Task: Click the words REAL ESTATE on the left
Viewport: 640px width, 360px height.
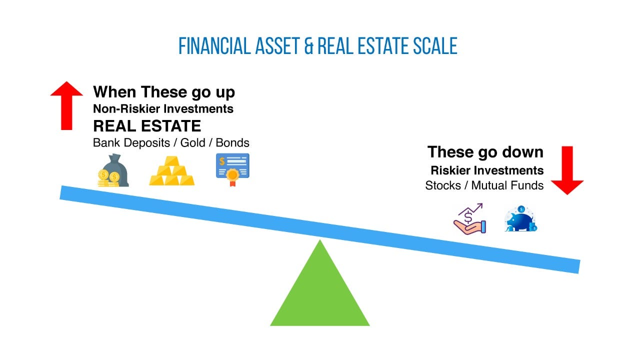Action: [x=147, y=125]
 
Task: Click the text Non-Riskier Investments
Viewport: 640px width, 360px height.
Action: [x=163, y=108]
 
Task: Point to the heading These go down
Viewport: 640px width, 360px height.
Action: [x=485, y=151]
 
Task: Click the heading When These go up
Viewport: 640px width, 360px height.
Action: [x=164, y=92]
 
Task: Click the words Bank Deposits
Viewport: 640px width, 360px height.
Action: [x=131, y=142]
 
